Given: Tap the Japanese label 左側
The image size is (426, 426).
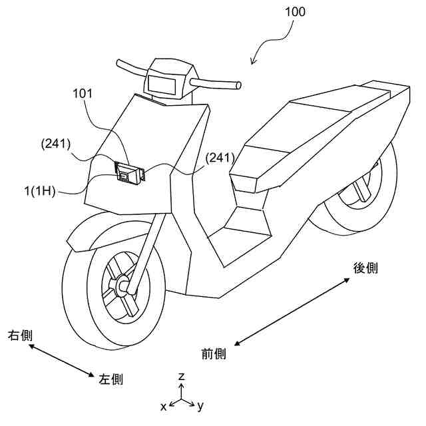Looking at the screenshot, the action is pyautogui.click(x=110, y=379).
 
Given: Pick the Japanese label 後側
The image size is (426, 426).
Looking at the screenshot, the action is pyautogui.click(x=365, y=268).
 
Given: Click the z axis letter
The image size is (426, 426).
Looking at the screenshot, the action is pyautogui.click(x=181, y=377).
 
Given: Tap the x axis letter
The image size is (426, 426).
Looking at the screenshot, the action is pyautogui.click(x=163, y=406).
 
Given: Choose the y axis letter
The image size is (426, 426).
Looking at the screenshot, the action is pyautogui.click(x=200, y=405).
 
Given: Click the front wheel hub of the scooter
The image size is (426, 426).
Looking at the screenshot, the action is pyautogui.click(x=123, y=287).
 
